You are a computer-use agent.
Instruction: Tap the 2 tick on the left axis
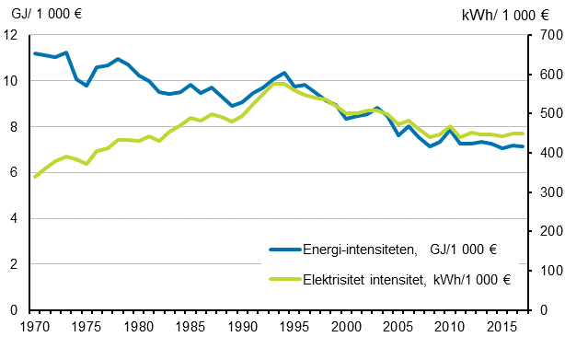tap(15, 264)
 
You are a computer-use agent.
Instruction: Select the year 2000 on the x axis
tap(346, 327)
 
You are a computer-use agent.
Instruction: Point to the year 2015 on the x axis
tap(502, 327)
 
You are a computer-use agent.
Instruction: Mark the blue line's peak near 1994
tap(284, 73)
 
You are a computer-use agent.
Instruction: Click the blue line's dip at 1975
tap(86, 86)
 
